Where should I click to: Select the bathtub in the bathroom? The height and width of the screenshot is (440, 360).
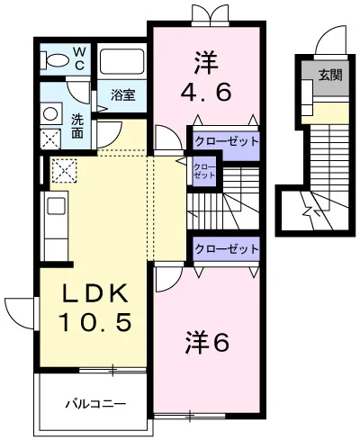[122, 61]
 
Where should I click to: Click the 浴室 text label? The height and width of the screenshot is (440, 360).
[123, 94]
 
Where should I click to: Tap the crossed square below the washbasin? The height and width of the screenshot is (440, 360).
[51, 138]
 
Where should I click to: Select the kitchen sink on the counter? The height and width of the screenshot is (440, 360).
[55, 207]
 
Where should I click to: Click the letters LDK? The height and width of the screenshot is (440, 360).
[94, 293]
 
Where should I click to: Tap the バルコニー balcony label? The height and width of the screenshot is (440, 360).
[94, 402]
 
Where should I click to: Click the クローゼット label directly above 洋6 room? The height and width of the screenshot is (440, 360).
[226, 248]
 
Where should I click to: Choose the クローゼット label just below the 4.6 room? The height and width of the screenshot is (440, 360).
[226, 141]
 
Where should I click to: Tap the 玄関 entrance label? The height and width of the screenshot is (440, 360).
[329, 76]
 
